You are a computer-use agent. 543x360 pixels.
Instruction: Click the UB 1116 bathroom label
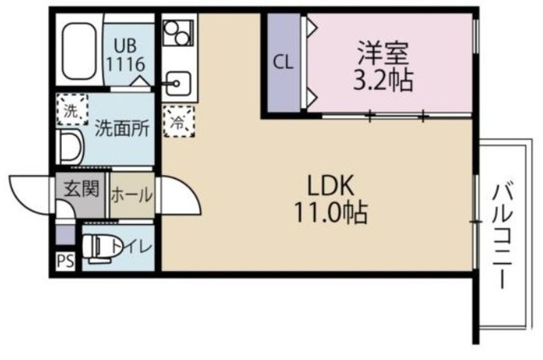coord(129,53)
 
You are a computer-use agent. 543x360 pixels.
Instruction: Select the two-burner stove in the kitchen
coord(177,35)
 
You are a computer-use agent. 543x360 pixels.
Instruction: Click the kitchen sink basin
coord(178,83)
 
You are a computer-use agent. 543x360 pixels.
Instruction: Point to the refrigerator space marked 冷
coord(177,121)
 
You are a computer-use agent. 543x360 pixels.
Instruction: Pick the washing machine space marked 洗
coord(72,110)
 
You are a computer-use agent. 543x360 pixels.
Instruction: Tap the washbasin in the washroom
coord(71,148)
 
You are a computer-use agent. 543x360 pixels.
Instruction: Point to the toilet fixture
coord(99,246)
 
